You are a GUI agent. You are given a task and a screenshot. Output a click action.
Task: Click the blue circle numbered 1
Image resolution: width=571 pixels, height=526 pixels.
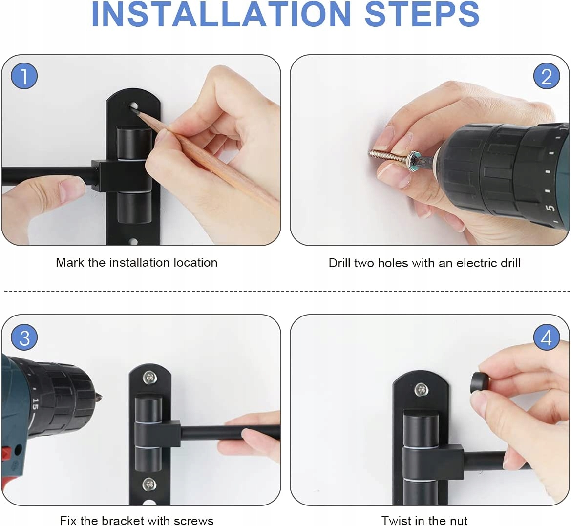tap(24, 76)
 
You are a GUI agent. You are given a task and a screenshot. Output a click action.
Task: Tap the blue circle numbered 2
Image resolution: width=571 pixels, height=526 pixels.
tap(546, 76)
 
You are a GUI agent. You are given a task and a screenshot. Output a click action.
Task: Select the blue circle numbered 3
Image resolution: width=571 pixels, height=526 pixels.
tap(24, 337)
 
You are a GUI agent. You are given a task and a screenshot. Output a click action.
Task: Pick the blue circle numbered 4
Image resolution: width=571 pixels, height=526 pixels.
tap(546, 337)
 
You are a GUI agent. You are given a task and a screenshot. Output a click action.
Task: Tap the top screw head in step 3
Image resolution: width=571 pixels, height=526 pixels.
tap(149, 378)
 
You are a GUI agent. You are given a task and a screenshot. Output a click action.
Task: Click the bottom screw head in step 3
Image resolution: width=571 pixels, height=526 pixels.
tap(149, 484)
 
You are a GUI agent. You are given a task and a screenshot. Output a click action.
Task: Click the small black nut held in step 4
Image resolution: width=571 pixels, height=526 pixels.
tap(480, 382)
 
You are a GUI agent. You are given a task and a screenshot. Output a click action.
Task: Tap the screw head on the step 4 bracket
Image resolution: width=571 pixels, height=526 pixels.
tap(422, 390)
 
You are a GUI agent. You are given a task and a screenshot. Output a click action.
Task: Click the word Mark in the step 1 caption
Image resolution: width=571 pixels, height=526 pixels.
tap(70, 262)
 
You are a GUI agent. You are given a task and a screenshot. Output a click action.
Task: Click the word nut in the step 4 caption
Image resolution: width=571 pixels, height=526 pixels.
tap(459, 521)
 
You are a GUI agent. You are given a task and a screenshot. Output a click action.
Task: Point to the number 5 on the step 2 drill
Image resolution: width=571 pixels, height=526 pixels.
tap(550, 208)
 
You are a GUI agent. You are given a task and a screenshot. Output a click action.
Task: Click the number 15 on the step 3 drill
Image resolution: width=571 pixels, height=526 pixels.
tap(35, 403)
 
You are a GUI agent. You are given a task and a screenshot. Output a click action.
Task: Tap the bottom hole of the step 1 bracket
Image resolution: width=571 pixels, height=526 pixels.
tap(133, 241)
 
